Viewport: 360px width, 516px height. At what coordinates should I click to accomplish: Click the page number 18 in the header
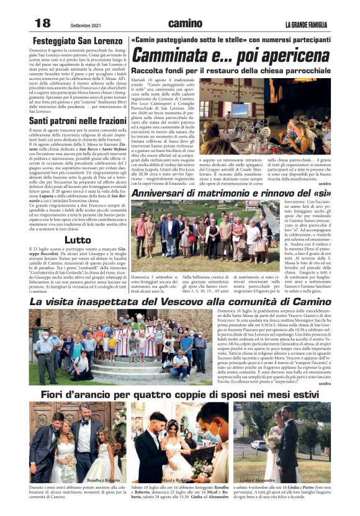(x=42, y=23)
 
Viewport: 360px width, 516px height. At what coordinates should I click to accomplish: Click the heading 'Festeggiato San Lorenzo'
(x=77, y=41)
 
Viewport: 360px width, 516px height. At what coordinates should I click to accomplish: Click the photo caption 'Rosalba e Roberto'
(x=104, y=481)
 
